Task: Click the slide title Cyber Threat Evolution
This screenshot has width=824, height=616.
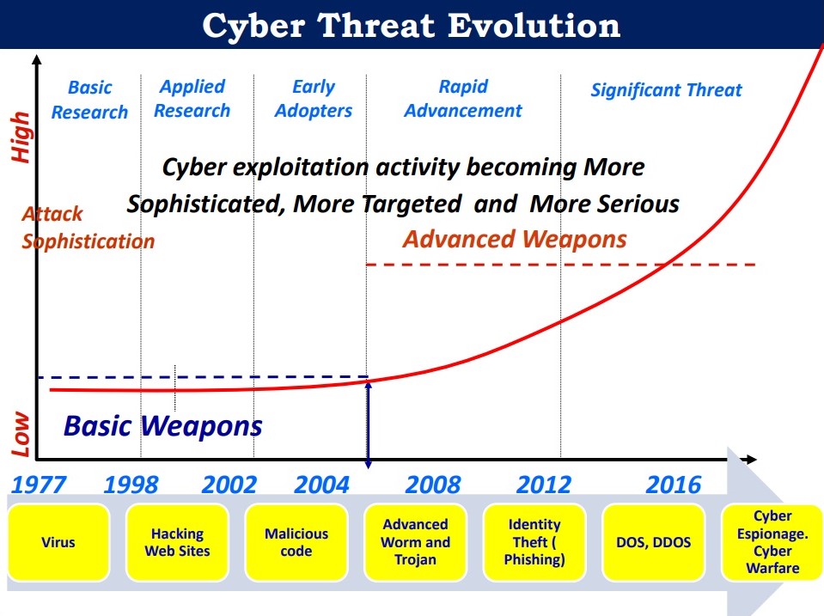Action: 411,25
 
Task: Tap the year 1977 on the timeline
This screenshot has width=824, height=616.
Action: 39,484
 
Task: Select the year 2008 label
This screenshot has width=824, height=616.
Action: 433,484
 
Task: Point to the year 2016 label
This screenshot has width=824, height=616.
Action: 673,484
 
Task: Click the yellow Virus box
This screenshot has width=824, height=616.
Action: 58,542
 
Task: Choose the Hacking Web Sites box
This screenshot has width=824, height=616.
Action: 177,542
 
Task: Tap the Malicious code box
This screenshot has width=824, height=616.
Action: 296,542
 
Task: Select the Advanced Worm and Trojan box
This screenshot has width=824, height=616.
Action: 415,542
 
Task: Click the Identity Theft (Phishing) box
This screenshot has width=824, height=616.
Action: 534,542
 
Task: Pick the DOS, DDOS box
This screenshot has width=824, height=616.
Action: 653,542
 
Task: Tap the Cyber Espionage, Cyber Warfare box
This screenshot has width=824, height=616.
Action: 772,542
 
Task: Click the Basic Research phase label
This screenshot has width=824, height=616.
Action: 90,100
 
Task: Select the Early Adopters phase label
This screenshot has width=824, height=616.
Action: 314,98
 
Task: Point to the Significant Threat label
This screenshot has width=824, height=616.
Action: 667,90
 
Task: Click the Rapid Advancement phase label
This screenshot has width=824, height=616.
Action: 463,98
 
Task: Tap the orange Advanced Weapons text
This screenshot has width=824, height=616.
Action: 515,239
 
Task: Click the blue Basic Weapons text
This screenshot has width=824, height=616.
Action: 163,425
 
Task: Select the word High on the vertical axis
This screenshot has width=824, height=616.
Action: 21,137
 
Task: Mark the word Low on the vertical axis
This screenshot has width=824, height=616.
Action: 21,434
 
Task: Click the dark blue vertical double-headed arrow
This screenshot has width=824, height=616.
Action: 368,424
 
